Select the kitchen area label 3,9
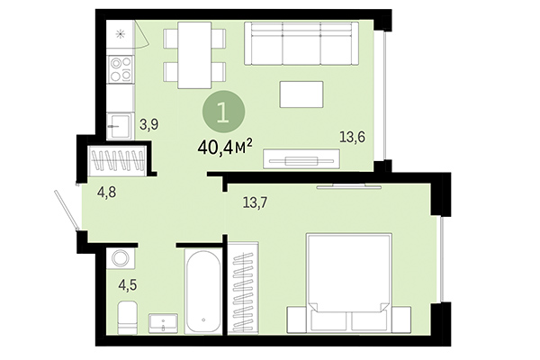coord(148,125)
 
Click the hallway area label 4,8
coord(108,191)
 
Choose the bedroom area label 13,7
coord(256,202)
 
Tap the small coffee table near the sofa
coord(301,94)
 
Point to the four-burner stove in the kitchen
coord(120,68)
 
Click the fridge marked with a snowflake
coord(120,35)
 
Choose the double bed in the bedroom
coord(348,283)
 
